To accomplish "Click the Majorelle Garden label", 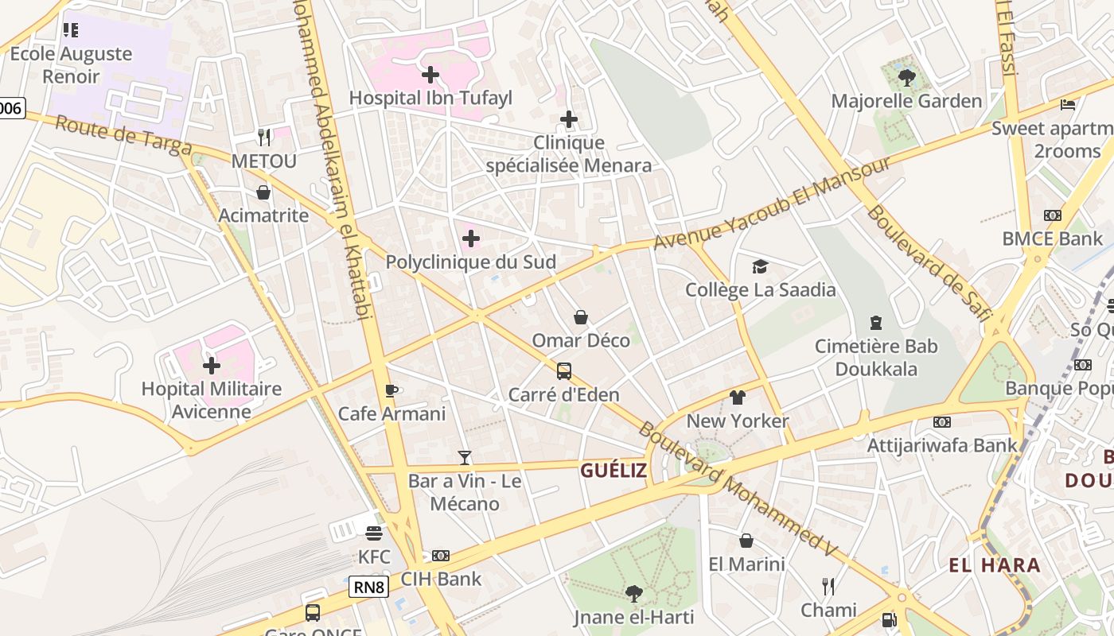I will [x=906, y=101].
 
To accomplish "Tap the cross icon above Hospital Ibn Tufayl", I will [x=430, y=75].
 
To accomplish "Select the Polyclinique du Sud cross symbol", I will [x=471, y=238].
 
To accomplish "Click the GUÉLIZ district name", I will [x=613, y=471].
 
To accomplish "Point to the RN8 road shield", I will [x=368, y=588].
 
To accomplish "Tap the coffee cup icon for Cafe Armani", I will [x=391, y=390].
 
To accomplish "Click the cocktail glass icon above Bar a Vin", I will [x=465, y=458].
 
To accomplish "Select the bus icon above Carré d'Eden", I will [x=563, y=371].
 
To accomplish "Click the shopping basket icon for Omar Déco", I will [x=581, y=317].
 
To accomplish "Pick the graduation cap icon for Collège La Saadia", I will [x=761, y=266].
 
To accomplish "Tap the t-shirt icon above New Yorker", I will [x=738, y=397].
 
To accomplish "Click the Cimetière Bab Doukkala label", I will [x=876, y=358].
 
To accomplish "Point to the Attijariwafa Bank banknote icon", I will [x=942, y=422].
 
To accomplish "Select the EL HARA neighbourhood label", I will [x=995, y=565].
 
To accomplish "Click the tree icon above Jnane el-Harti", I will [x=634, y=593].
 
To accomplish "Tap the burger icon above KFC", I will [x=374, y=533].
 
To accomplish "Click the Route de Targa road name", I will [x=123, y=136].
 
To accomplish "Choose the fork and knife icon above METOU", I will [x=264, y=138].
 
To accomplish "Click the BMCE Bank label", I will [x=1052, y=238].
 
